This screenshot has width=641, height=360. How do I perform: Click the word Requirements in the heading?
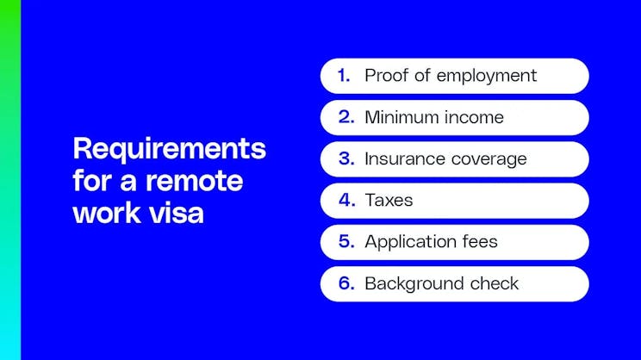(170, 148)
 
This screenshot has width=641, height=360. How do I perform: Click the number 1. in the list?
(344, 76)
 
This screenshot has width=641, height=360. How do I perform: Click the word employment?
(487, 76)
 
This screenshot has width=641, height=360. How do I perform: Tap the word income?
(474, 117)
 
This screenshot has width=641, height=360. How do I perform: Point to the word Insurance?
(403, 158)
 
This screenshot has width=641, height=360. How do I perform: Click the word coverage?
(486, 158)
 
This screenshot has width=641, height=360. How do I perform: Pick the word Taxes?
(389, 201)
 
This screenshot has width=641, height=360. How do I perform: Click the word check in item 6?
(493, 283)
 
